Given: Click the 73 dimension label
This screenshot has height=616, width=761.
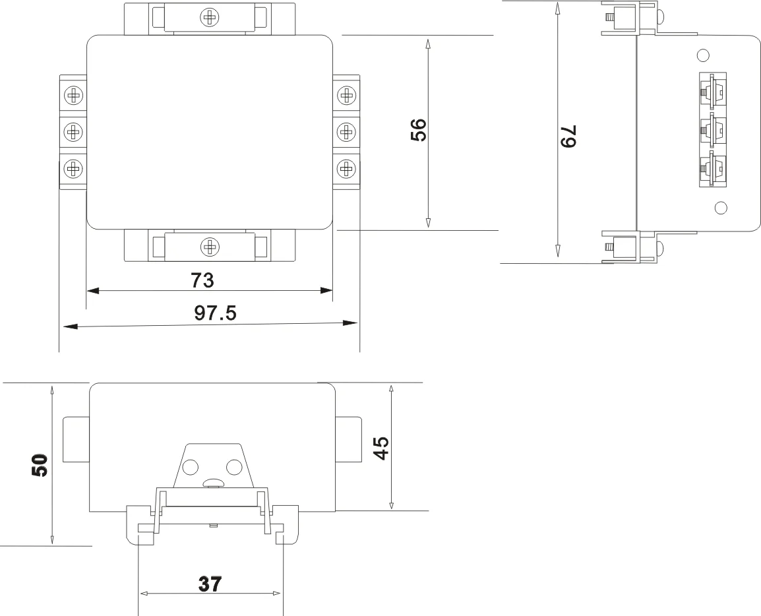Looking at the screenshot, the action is pyautogui.click(x=202, y=280).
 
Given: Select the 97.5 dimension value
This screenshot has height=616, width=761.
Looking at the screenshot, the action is pyautogui.click(x=215, y=313).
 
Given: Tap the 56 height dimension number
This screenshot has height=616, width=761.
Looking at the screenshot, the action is pyautogui.click(x=418, y=130).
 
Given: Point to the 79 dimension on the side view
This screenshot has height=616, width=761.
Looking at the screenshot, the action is pyautogui.click(x=568, y=136).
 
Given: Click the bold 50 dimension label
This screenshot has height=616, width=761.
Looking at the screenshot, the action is pyautogui.click(x=40, y=465).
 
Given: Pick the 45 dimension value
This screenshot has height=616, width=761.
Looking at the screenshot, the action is pyautogui.click(x=381, y=448).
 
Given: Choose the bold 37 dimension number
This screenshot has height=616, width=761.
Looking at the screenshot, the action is pyautogui.click(x=210, y=584).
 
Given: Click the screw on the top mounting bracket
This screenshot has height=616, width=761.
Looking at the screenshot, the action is pyautogui.click(x=210, y=18).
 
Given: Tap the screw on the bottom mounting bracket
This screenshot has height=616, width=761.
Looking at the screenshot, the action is pyautogui.click(x=210, y=247).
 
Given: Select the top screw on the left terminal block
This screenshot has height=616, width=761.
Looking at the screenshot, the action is pyautogui.click(x=74, y=95).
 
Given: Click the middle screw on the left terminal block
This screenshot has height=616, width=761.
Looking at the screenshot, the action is pyautogui.click(x=74, y=131).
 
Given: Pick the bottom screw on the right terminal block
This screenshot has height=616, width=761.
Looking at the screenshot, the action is pyautogui.click(x=346, y=168).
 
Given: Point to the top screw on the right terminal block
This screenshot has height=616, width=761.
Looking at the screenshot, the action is pyautogui.click(x=346, y=95).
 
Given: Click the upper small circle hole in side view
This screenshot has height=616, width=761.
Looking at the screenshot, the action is pyautogui.click(x=703, y=54).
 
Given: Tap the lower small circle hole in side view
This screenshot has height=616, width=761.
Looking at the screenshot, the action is pyautogui.click(x=721, y=208).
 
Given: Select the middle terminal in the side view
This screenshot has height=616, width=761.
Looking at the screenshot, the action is pyautogui.click(x=712, y=130).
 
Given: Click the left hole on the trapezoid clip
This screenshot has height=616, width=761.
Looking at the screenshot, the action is pyautogui.click(x=190, y=468).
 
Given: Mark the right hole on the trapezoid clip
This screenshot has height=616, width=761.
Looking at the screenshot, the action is pyautogui.click(x=234, y=468).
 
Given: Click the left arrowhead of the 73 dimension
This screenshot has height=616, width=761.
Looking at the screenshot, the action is pyautogui.click(x=93, y=291).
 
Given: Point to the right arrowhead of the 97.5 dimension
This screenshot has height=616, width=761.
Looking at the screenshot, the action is pyautogui.click(x=350, y=323).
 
